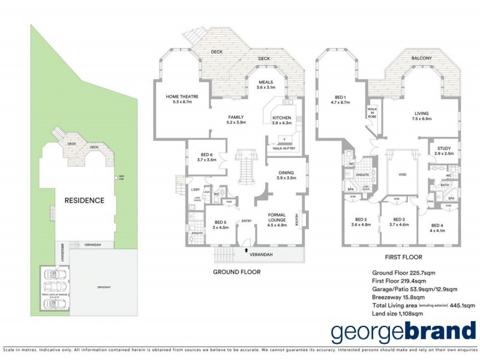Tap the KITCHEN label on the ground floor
click(281, 118)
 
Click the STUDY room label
click(444, 148)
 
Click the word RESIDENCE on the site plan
click(84, 200)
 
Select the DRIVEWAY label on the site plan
click(103, 287)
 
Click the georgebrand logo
click(403, 332)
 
